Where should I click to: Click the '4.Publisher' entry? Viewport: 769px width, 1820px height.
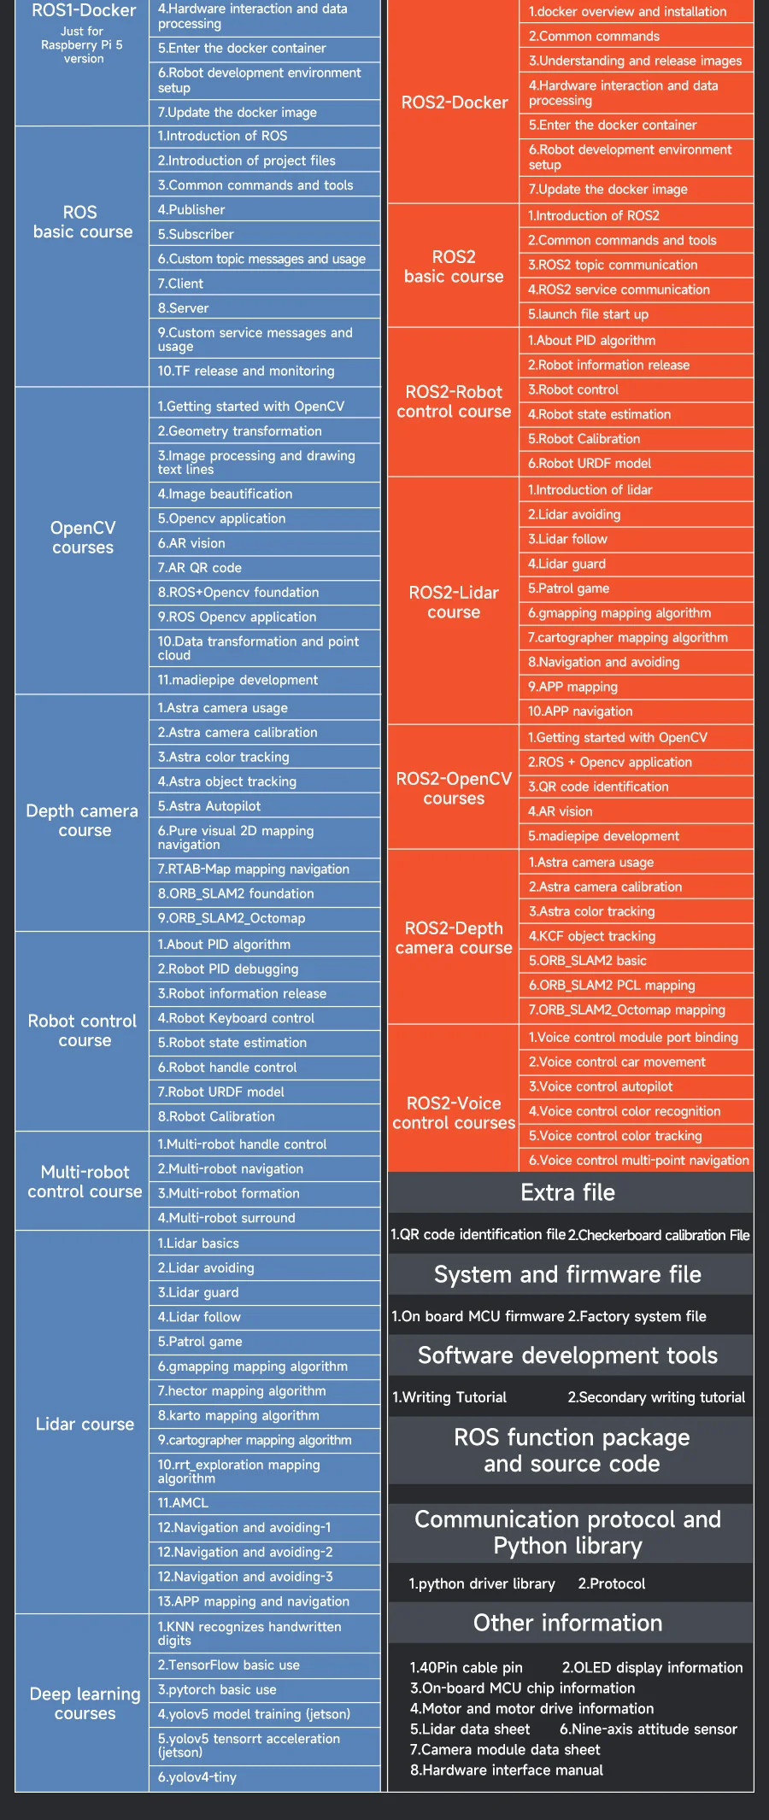point(191,210)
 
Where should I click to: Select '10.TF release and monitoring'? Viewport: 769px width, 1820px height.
point(246,372)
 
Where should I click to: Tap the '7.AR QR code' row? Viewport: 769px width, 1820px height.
point(200,568)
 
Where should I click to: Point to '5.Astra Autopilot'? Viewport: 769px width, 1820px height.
point(209,806)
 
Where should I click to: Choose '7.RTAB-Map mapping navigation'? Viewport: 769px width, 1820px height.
point(254,869)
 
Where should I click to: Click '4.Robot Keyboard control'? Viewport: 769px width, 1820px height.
point(236,1018)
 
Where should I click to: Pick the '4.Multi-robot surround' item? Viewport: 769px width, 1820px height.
point(226,1218)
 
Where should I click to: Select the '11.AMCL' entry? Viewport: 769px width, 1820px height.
point(183,1502)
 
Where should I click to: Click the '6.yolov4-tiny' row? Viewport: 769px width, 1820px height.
point(197,1777)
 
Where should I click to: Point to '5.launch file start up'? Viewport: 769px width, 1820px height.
point(588,314)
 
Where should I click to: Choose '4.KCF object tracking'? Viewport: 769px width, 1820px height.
point(592,936)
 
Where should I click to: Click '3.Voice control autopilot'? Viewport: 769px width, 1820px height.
point(601,1086)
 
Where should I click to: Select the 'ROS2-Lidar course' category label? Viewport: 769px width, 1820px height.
point(454,602)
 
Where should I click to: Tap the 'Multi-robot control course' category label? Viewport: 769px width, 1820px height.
point(85,1182)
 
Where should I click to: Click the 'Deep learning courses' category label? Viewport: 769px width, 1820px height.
point(85,1703)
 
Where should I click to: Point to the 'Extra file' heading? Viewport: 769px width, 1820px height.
point(568,1192)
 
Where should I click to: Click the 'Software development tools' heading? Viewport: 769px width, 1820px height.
point(568,1355)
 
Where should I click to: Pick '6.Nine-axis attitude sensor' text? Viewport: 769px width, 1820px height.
point(649,1729)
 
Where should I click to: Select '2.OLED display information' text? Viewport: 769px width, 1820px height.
point(652,1667)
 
